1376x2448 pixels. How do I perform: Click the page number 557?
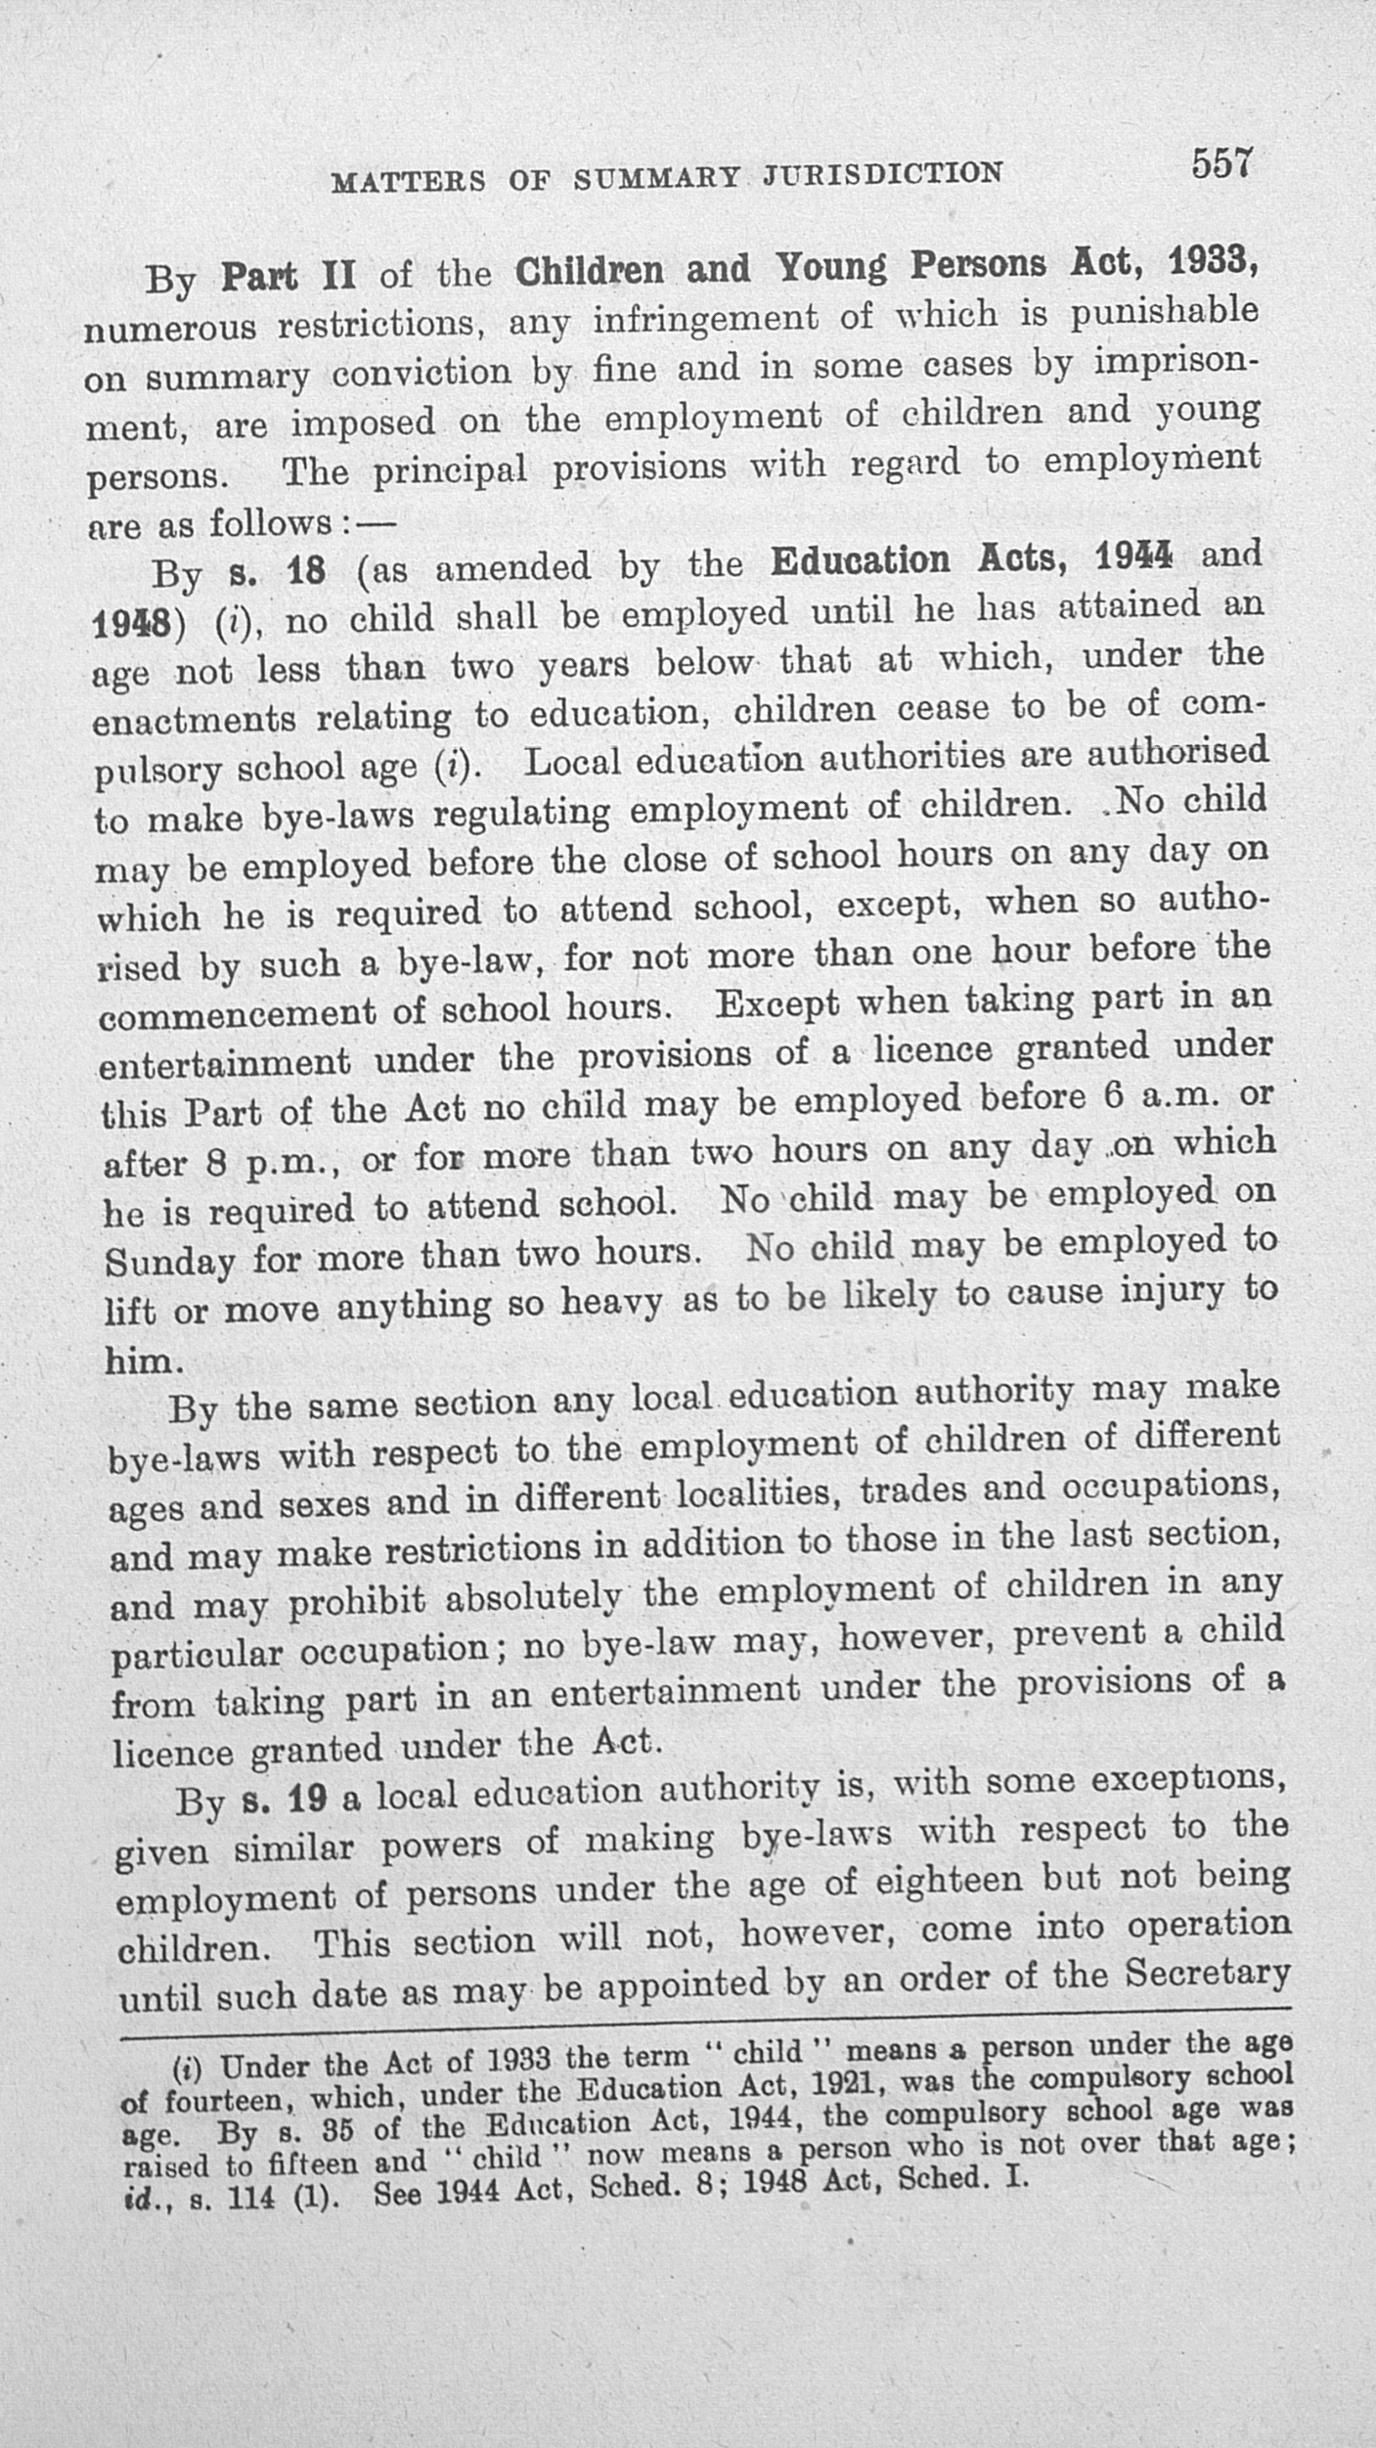pos(1221,162)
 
